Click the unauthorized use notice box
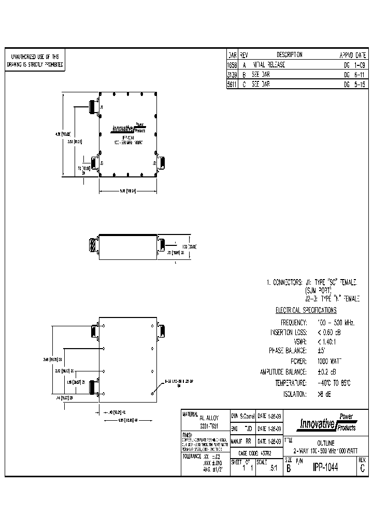point(35,61)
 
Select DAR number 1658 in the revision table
point(232,65)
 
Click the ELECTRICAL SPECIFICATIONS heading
point(306,310)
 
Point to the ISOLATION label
point(294,394)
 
